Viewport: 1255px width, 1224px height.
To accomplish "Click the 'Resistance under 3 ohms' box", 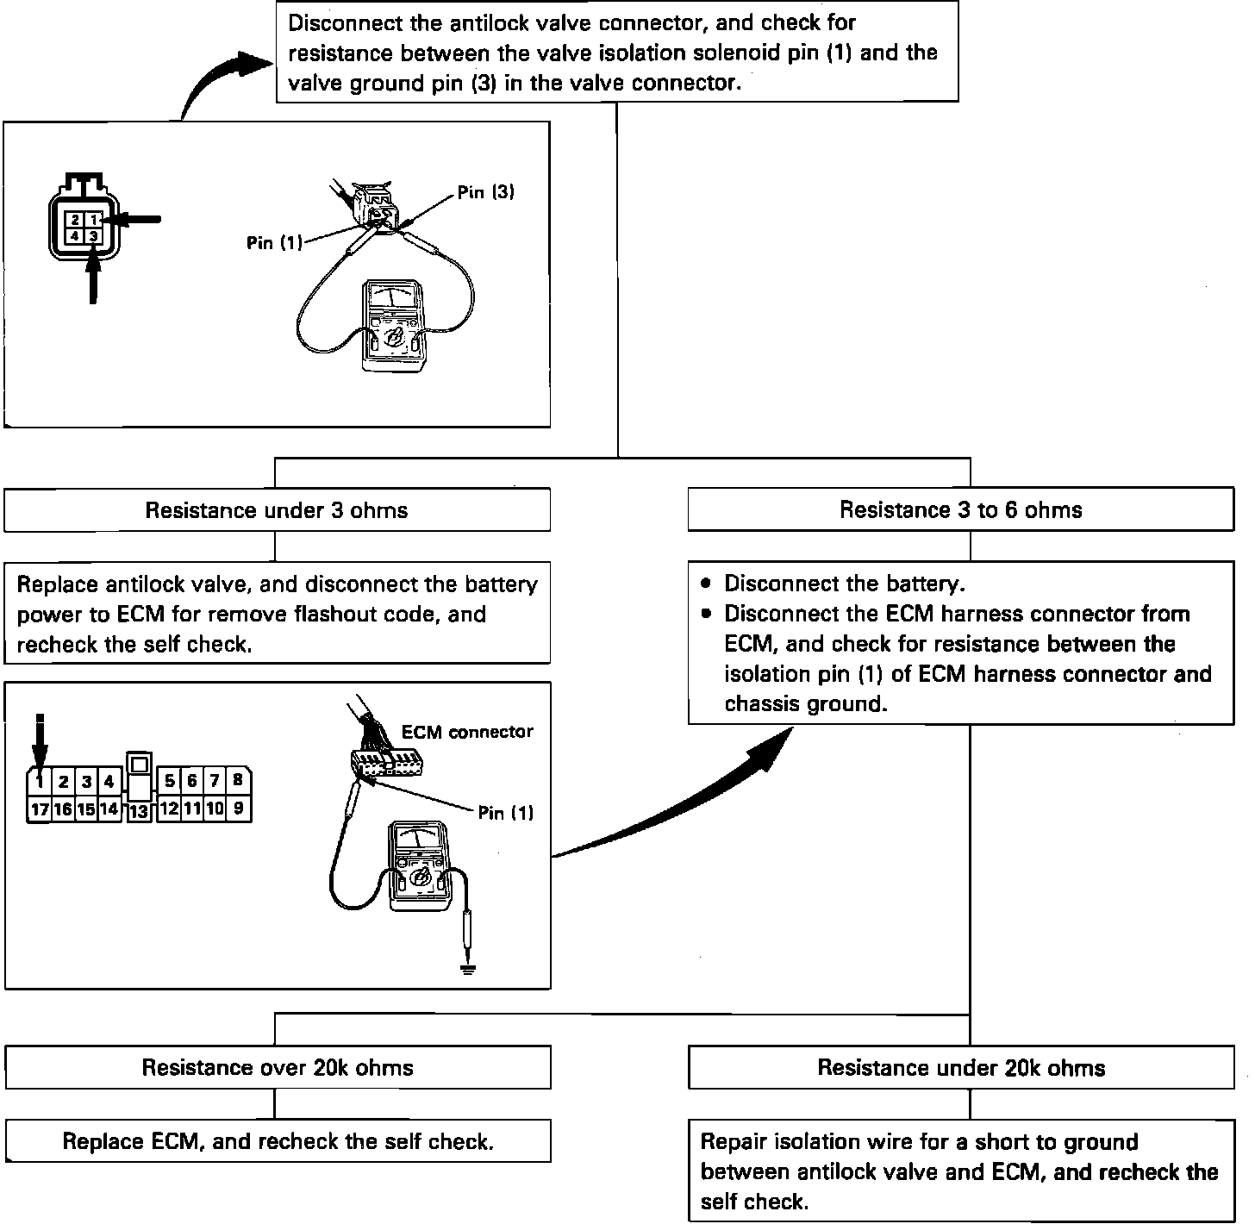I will [x=277, y=510].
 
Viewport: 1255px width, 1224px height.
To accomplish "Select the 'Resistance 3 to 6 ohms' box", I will [x=960, y=510].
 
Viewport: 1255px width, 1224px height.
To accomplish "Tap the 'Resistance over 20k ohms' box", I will [x=277, y=1068].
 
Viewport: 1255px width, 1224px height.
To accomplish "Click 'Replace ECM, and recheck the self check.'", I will [x=278, y=1142].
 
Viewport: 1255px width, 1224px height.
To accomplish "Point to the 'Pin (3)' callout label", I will [x=486, y=192].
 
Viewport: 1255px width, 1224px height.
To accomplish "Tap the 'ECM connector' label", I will [x=467, y=732].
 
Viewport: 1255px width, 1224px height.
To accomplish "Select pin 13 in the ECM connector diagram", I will [x=139, y=810].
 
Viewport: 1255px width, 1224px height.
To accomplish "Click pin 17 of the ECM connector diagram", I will [x=40, y=809].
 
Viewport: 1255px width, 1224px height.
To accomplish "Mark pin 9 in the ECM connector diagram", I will [x=238, y=809].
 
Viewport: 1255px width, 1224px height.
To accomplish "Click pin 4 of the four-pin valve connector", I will [x=76, y=234].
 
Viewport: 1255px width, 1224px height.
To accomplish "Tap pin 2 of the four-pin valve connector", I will [x=76, y=220].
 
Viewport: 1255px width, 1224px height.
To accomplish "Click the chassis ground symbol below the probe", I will [x=468, y=969].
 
